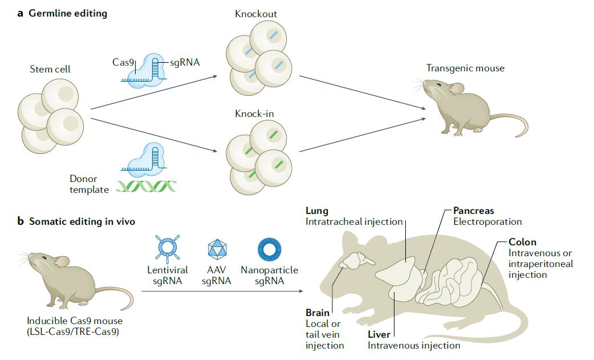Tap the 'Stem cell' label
click(50, 70)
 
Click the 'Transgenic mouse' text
click(465, 68)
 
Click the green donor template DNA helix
click(147, 187)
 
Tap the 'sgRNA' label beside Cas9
click(185, 62)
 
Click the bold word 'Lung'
click(317, 211)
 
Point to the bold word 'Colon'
click(522, 242)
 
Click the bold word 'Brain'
click(318, 313)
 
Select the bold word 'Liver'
click(379, 335)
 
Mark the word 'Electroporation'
click(487, 221)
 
